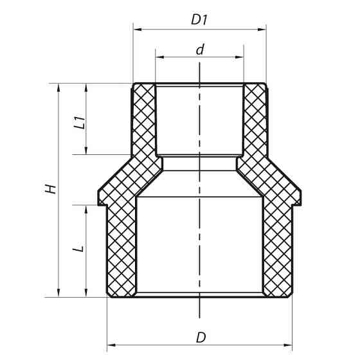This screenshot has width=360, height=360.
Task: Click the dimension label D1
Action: coord(199,20)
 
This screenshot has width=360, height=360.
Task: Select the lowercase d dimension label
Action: coord(200,49)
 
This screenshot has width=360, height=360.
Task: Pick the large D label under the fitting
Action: coord(201,336)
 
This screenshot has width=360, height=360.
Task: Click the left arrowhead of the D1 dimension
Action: coord(136,28)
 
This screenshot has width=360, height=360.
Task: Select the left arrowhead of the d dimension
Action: coord(158,57)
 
